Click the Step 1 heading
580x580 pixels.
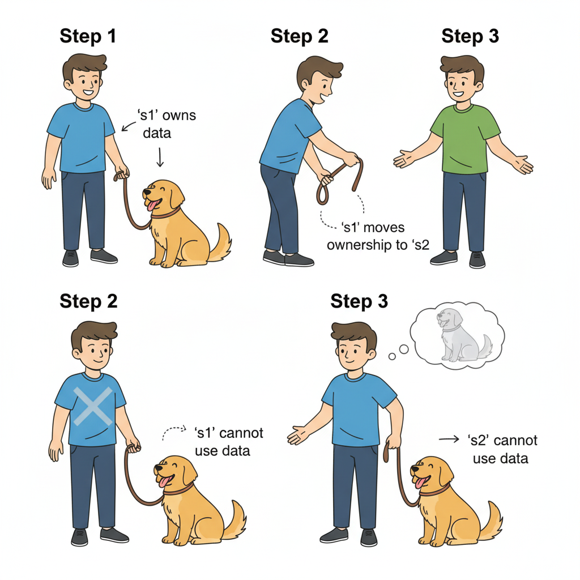(x=88, y=36)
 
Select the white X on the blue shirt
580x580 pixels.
(x=93, y=406)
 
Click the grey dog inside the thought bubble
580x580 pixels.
(x=464, y=335)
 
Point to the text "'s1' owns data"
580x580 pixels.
(x=167, y=124)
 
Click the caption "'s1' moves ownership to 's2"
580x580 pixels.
(x=378, y=236)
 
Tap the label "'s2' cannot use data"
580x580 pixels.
(x=502, y=449)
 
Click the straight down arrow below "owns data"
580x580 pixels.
(x=160, y=157)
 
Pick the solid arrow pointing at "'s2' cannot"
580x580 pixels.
(x=449, y=440)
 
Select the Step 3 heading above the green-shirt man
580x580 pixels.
(x=470, y=36)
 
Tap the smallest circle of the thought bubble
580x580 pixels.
(x=392, y=356)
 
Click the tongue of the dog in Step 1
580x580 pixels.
(x=153, y=205)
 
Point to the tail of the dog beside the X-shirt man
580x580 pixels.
(x=235, y=520)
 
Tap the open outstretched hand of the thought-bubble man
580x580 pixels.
(x=300, y=435)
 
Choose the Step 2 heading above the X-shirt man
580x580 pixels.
(x=88, y=301)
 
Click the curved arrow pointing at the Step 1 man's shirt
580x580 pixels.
(x=128, y=126)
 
